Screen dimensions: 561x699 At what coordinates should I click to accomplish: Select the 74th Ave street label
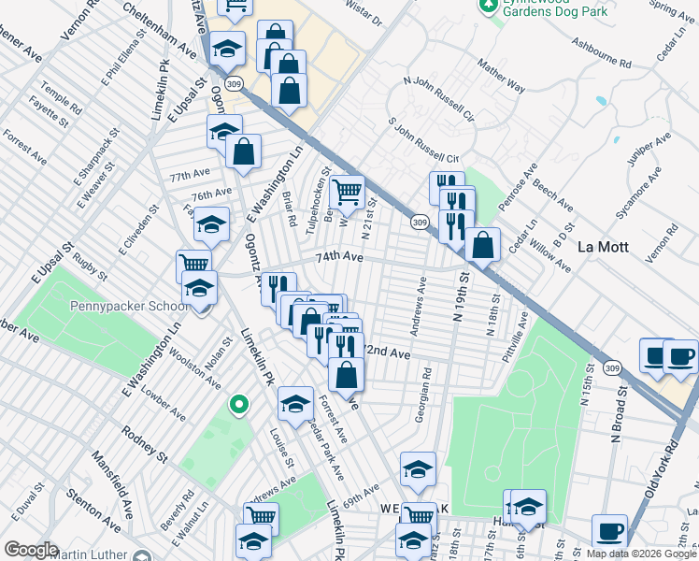pos(338,256)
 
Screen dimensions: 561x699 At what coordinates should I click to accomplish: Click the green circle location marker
pos(239,405)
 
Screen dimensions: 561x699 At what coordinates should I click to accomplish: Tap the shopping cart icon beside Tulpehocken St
pos(347,193)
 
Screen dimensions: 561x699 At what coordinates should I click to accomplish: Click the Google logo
pos(32,550)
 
